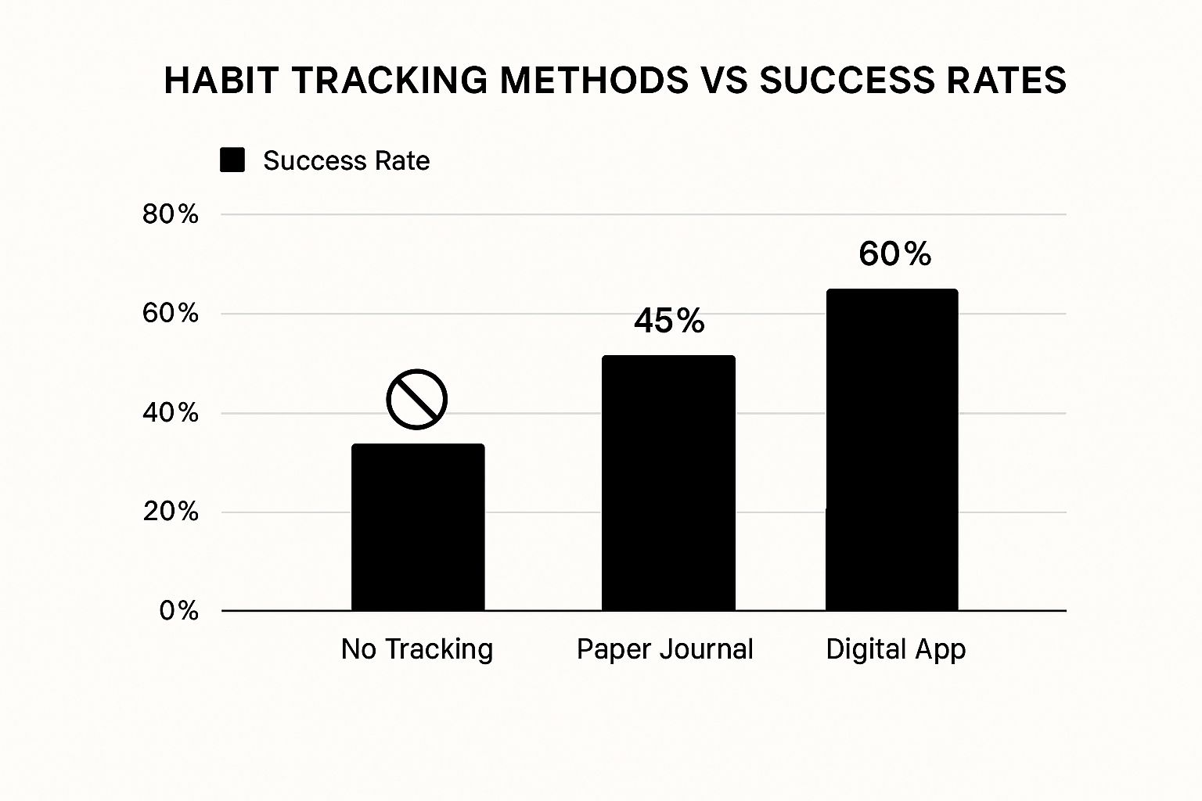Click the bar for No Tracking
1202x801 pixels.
[418, 527]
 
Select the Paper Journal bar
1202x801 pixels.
[668, 483]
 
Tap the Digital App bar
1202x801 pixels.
[891, 450]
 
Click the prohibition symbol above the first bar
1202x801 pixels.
[416, 399]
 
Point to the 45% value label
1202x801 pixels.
[669, 321]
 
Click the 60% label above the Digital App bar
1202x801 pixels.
[894, 254]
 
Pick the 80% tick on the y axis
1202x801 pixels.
[171, 214]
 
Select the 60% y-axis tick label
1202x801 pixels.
[171, 314]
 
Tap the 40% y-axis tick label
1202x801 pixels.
[171, 413]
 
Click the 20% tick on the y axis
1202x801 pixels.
[171, 512]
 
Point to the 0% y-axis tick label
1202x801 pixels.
[179, 611]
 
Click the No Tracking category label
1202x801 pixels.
[417, 649]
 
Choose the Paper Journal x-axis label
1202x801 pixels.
[664, 649]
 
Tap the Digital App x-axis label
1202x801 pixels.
[896, 650]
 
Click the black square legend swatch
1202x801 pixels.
[232, 160]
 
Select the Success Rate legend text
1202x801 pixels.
[346, 161]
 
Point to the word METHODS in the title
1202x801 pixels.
[594, 81]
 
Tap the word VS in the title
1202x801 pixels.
[724, 81]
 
